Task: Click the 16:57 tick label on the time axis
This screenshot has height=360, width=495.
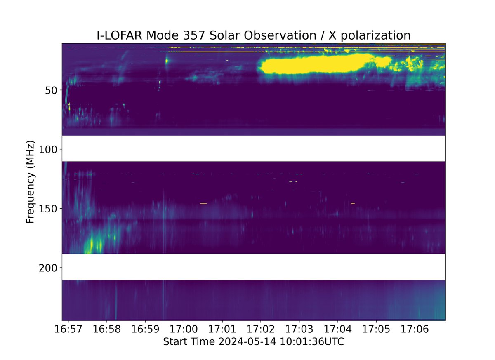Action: [x=68, y=330]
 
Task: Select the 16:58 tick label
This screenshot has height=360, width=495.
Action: [x=107, y=330]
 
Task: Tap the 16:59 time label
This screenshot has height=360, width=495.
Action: [x=145, y=330]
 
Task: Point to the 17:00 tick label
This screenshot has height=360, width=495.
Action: [x=184, y=330]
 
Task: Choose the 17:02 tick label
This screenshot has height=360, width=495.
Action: [x=261, y=330]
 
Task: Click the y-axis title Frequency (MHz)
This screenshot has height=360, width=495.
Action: [x=30, y=182]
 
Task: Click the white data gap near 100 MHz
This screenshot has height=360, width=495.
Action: [x=253, y=148]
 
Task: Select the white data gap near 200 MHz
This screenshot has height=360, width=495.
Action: [x=253, y=267]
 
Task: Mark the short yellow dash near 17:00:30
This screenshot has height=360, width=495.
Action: [x=203, y=203]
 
